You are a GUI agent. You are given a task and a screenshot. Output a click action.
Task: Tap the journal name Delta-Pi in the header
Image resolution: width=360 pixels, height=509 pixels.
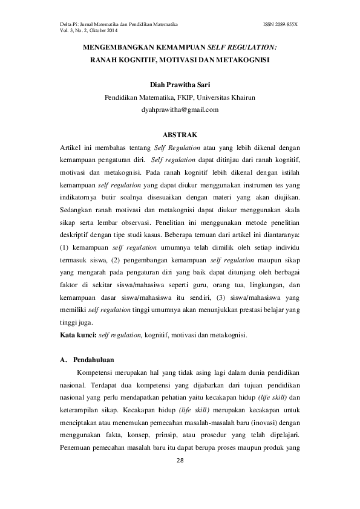coord(69,23)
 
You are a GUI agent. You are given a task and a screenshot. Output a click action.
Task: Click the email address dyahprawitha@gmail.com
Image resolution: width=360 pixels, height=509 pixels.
coord(179,110)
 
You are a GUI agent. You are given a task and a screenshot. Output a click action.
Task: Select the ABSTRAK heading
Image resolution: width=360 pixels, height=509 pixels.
coord(180,134)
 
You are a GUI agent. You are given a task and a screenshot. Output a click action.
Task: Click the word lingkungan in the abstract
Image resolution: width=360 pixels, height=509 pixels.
coord(261,285)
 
